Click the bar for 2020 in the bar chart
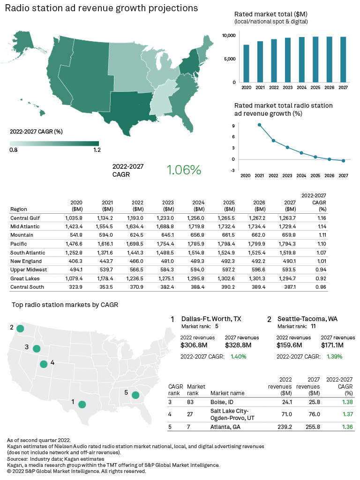click(x=246, y=63)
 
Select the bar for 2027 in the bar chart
click(x=343, y=60)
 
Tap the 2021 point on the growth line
click(x=259, y=125)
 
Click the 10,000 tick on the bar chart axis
click(x=229, y=36)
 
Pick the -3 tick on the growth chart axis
click(x=233, y=171)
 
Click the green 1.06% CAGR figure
click(x=184, y=170)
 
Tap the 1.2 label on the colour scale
click(x=97, y=150)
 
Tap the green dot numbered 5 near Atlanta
click(x=135, y=395)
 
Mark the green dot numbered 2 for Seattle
click(x=20, y=329)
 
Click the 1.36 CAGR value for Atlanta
click(x=347, y=427)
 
